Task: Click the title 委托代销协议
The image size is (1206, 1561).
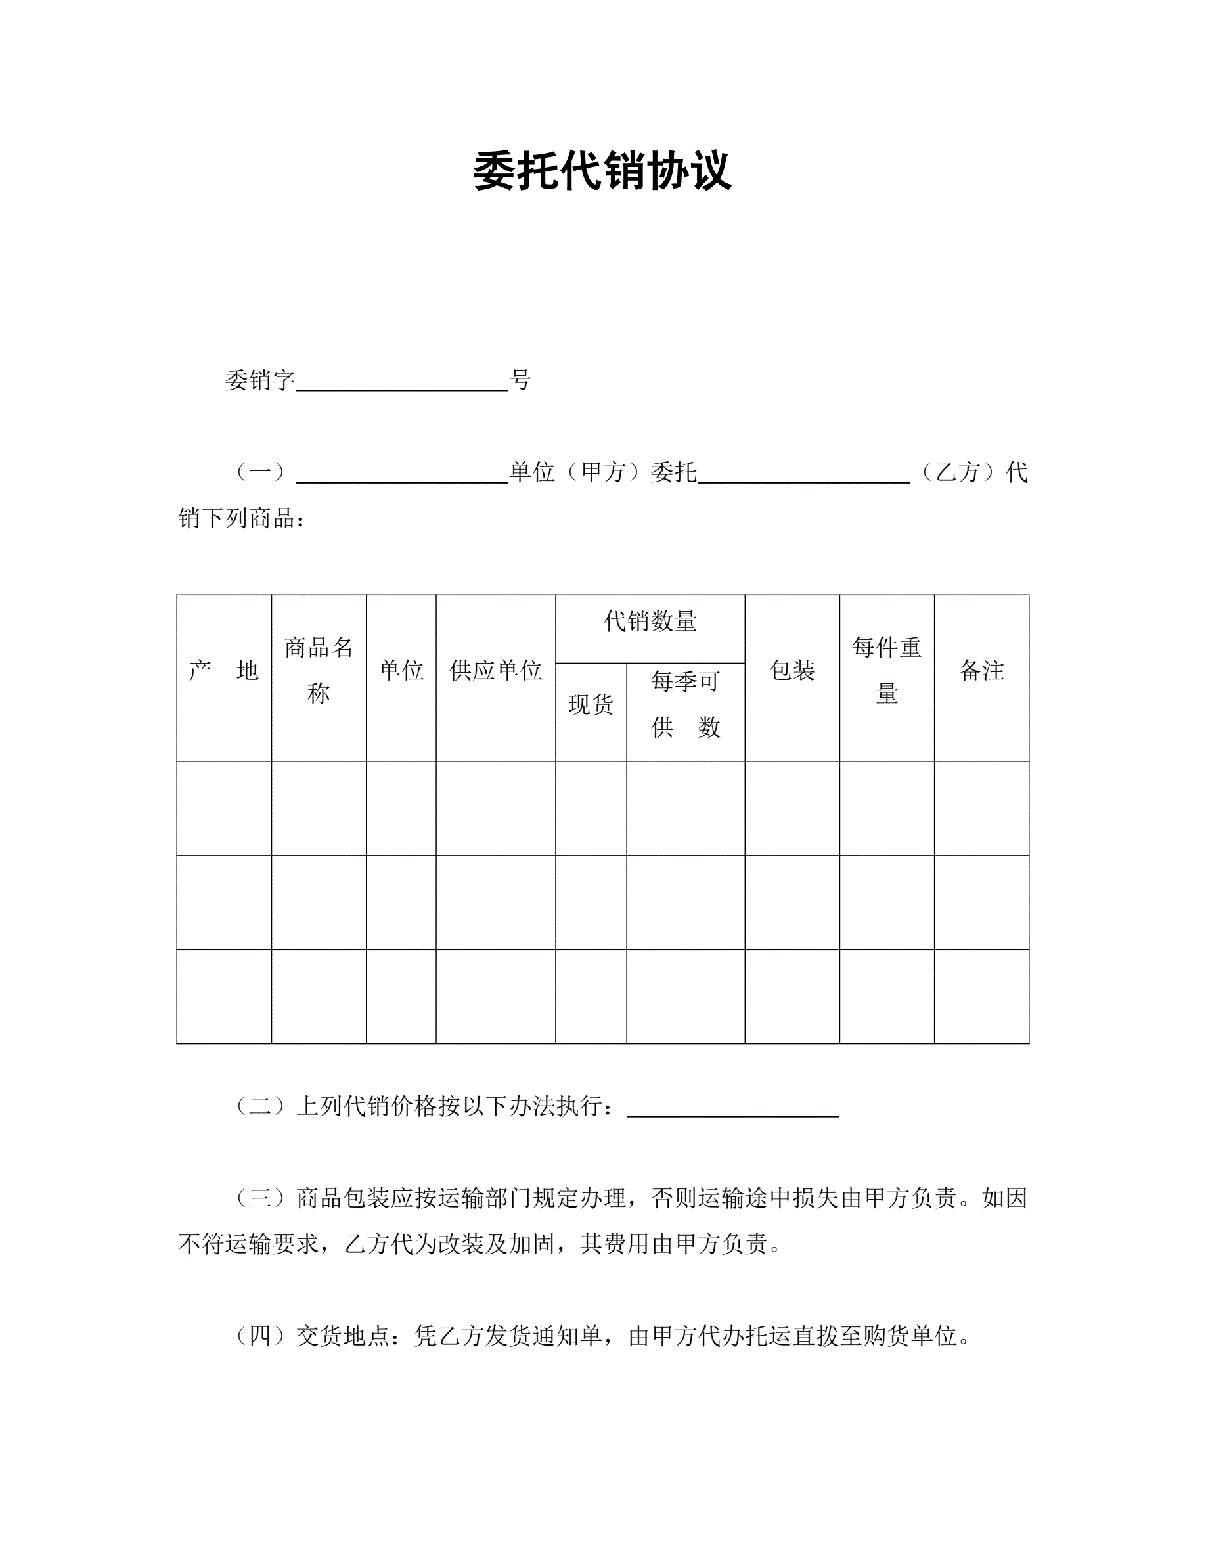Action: (x=602, y=171)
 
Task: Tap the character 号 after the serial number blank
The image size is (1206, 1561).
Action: (x=520, y=380)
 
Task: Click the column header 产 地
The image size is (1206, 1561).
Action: (x=223, y=670)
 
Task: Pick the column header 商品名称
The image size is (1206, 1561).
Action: (x=319, y=670)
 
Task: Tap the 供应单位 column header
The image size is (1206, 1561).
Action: (x=495, y=670)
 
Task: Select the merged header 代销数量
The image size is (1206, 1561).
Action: (x=650, y=621)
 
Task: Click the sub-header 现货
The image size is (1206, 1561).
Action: (x=591, y=705)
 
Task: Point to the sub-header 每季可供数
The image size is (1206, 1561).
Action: (x=685, y=705)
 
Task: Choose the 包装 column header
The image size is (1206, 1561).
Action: (x=792, y=670)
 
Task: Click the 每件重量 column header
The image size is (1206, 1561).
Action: (x=887, y=670)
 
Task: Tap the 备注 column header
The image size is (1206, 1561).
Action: (x=981, y=670)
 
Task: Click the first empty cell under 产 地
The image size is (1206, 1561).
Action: (x=223, y=808)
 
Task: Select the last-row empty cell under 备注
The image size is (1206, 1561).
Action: (x=981, y=997)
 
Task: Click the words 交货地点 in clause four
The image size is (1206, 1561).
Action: (x=343, y=1336)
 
